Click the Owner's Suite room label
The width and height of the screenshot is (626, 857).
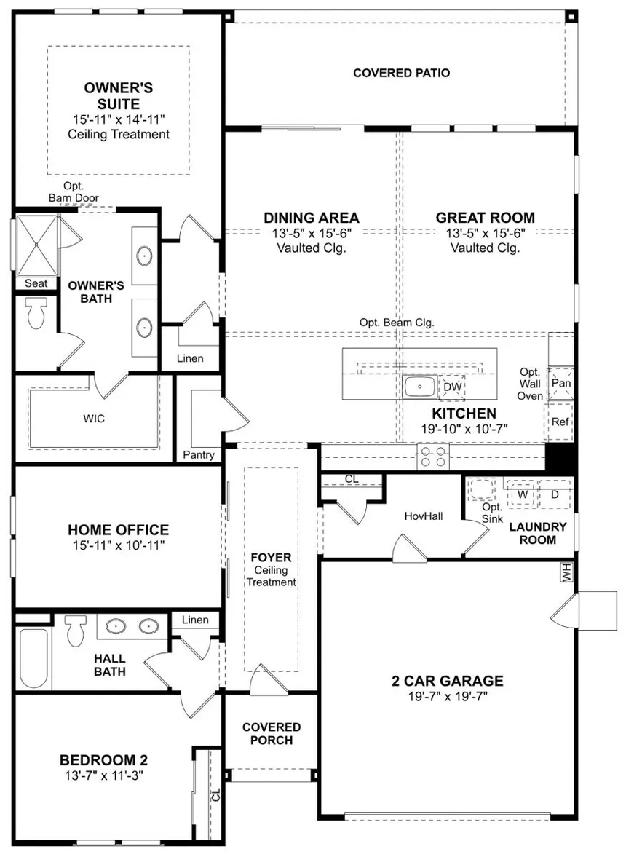119,95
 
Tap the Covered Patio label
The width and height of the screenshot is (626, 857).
402,73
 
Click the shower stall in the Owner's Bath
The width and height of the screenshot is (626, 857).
36,245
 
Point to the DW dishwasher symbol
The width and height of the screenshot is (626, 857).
452,387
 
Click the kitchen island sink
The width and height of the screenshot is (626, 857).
419,387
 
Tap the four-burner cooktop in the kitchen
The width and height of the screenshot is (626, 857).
433,457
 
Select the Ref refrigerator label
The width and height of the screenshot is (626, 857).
560,422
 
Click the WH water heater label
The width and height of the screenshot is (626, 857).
566,572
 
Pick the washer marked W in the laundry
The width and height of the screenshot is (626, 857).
523,494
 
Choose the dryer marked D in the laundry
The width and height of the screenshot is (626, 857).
555,494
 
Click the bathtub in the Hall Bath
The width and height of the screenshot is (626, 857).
34,659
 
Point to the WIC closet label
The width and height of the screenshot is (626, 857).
94,419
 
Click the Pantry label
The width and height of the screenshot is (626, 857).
199,454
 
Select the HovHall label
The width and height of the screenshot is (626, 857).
424,516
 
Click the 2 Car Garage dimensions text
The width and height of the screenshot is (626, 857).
448,696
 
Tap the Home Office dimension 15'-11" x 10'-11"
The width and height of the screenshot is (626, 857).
119,545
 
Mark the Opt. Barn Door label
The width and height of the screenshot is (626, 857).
74,191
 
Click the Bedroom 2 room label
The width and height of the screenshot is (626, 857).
104,759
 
